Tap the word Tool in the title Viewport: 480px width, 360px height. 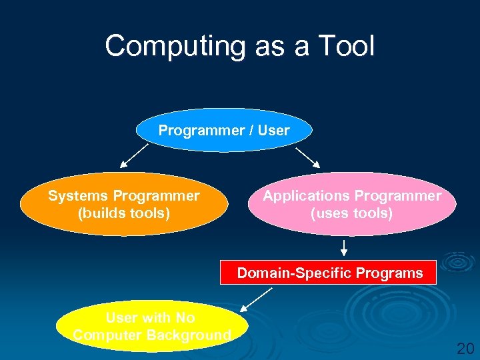point(347,47)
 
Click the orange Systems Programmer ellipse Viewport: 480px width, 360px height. point(123,205)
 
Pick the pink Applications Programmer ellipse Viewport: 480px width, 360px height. point(352,205)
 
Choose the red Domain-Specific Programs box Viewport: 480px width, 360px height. point(329,273)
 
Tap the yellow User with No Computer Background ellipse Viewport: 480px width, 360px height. point(152,327)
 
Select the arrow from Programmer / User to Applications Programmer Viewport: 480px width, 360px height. point(308,157)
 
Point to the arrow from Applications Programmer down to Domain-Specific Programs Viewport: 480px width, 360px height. point(344,248)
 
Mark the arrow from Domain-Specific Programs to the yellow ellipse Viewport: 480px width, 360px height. point(257,299)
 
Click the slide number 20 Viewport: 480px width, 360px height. point(465,347)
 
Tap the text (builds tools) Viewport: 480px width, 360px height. point(124,213)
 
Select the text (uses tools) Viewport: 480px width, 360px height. point(352,213)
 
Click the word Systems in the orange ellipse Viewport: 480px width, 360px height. point(78,196)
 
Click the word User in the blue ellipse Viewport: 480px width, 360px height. point(273,131)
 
